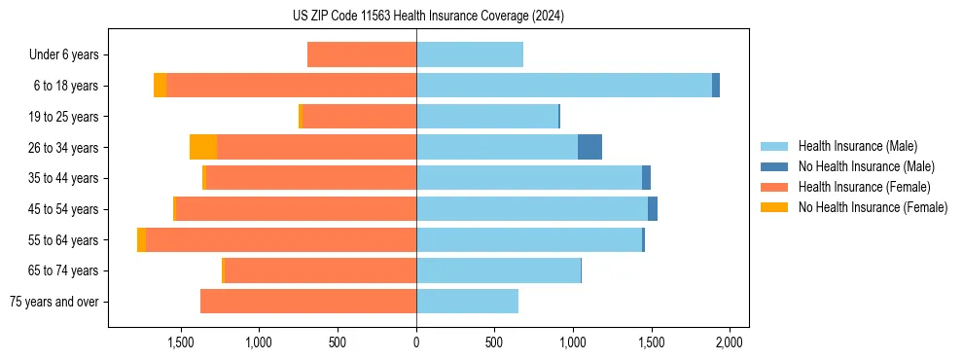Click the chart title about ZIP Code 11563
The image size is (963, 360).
point(428,16)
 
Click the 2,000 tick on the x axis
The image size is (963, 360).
point(730,342)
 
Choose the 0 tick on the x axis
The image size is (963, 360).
point(416,342)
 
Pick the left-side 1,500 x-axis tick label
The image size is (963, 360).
point(181,342)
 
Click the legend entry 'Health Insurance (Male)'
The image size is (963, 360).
point(857,146)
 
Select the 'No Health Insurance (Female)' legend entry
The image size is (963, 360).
point(873,207)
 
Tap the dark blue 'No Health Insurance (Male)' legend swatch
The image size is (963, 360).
point(774,166)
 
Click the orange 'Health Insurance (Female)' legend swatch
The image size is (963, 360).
point(774,187)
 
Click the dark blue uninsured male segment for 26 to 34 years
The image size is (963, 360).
point(589,147)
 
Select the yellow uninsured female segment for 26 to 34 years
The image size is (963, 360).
point(203,147)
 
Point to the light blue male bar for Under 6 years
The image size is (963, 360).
point(470,54)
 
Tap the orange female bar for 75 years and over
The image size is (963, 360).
point(308,302)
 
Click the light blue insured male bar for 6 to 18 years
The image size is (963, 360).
point(564,86)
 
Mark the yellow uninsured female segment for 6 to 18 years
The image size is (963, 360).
point(160,86)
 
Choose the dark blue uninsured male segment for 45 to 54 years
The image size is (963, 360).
point(653,209)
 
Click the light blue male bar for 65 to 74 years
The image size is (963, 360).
point(498,270)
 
